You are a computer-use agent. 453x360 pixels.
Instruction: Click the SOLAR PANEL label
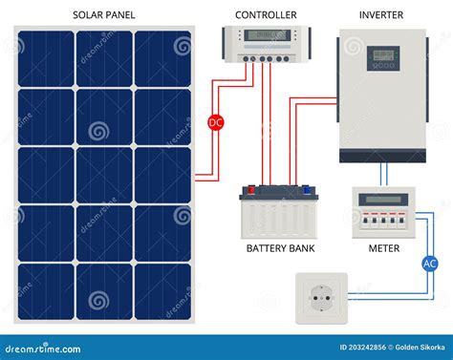[x=102, y=15]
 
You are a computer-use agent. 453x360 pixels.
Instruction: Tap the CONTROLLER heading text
[x=265, y=15]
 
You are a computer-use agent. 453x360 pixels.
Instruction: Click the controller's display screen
[x=266, y=37]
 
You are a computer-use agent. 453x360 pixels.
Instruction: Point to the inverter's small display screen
[x=385, y=55]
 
